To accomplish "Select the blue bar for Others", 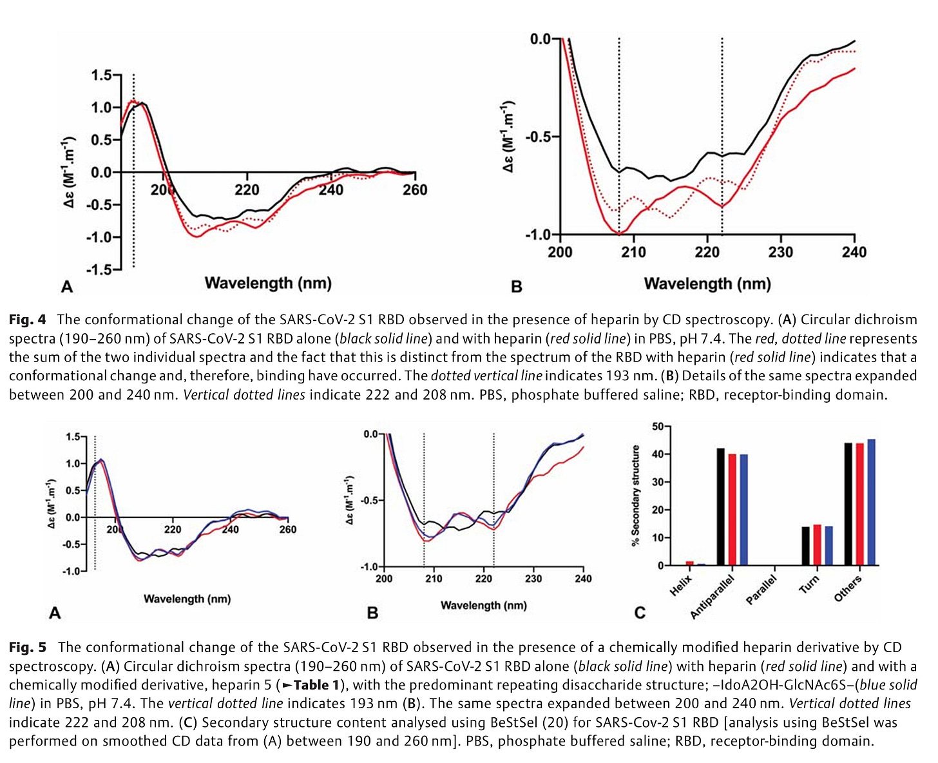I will click(872, 502).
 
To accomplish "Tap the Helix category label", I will click(681, 585).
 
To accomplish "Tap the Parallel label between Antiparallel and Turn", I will click(761, 590).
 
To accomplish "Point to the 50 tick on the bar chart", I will click(657, 427).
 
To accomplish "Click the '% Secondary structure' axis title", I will click(636, 496).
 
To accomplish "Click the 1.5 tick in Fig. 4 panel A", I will click(101, 75).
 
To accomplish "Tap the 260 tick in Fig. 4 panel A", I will click(415, 189).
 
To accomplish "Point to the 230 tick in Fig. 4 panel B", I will click(781, 252).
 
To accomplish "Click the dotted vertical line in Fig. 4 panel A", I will click(133, 193).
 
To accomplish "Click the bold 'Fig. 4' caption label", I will click(28, 320).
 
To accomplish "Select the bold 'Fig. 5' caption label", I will click(28, 648).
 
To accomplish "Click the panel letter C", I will click(640, 612).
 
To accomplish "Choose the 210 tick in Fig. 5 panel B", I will click(434, 579).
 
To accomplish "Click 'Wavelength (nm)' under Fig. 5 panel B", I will click(483, 605).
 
